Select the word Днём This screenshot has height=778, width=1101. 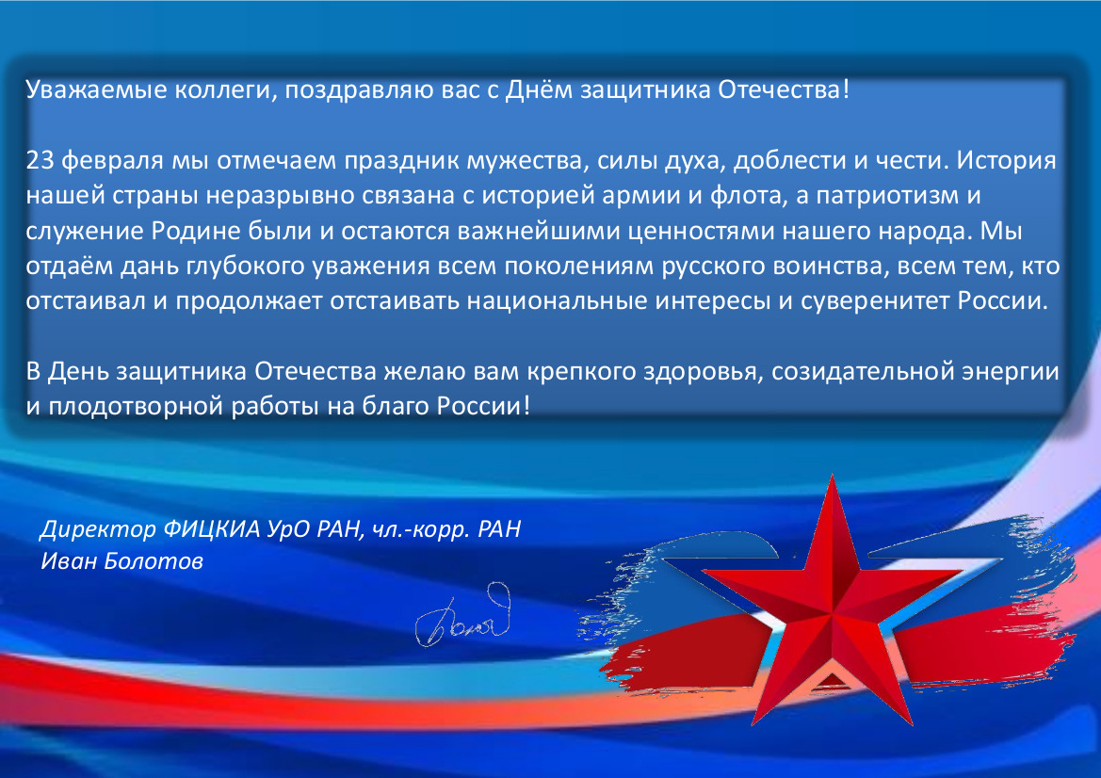pos(539,89)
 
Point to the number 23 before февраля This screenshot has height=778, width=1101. pos(40,161)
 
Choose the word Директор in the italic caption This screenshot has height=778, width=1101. pos(98,528)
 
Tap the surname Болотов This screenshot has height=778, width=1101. pos(154,561)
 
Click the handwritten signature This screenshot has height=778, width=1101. pos(463,616)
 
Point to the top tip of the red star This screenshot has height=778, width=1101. pos(832,476)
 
